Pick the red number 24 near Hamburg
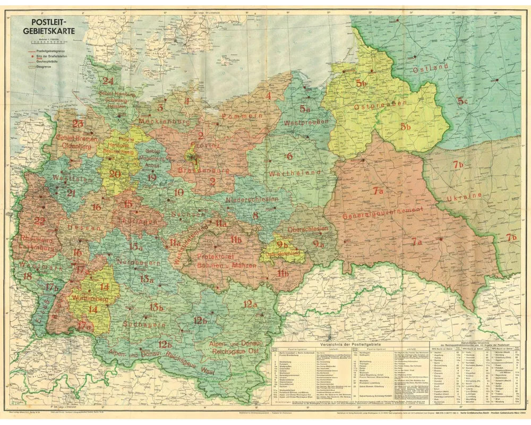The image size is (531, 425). click(x=108, y=81)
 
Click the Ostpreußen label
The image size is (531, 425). click(x=374, y=105)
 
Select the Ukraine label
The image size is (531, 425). click(x=464, y=196)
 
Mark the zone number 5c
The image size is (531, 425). click(x=461, y=100)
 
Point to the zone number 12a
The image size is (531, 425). click(x=250, y=304)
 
